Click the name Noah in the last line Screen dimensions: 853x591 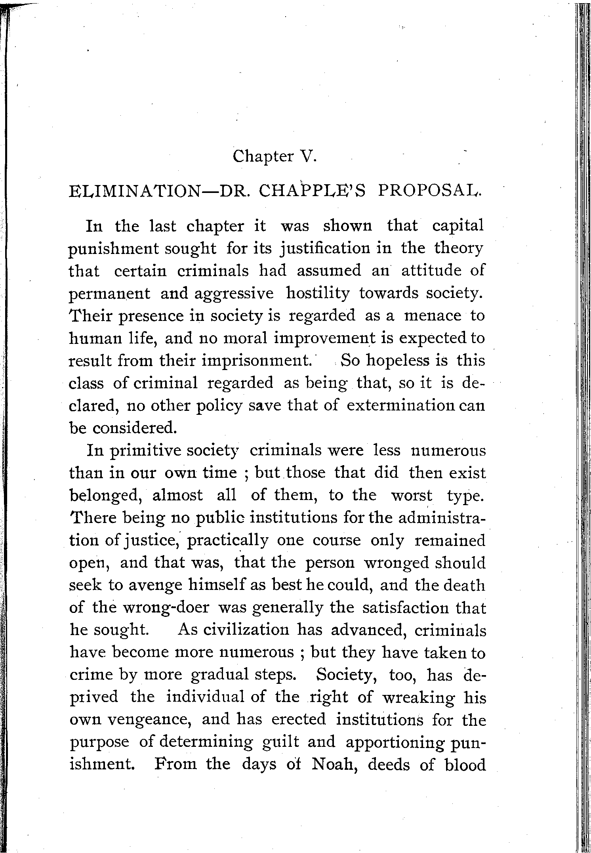click(x=335, y=765)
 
